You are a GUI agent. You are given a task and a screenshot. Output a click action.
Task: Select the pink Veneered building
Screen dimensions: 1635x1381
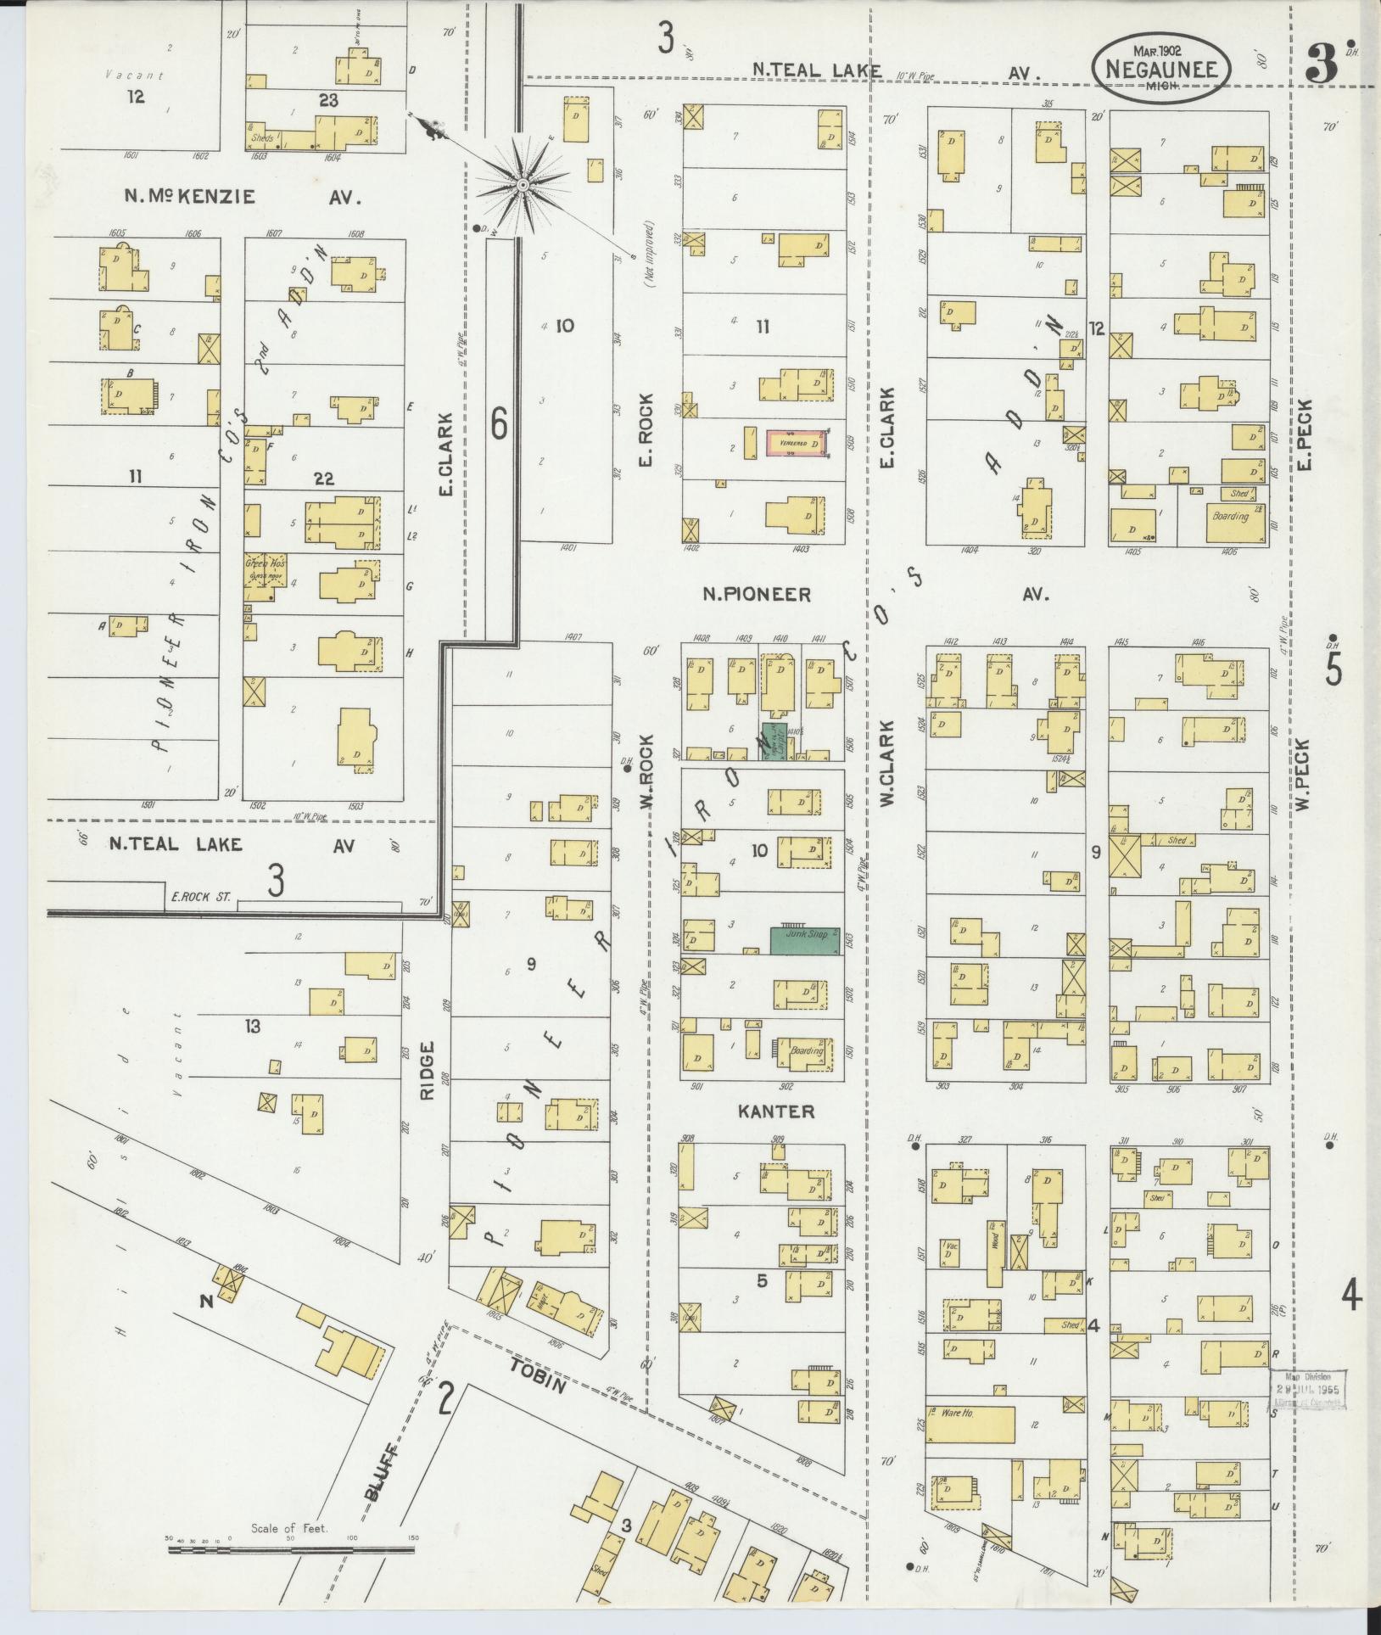coord(796,443)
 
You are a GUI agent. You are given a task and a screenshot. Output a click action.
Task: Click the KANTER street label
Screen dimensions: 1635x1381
coord(775,1111)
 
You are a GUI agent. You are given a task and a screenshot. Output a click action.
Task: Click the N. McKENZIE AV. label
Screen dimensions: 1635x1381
coord(243,197)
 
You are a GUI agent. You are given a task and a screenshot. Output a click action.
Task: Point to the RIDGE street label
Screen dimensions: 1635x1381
coord(427,1071)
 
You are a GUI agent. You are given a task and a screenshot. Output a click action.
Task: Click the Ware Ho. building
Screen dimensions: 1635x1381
coord(970,1425)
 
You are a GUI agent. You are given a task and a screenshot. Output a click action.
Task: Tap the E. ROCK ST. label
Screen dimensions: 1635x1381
coord(195,896)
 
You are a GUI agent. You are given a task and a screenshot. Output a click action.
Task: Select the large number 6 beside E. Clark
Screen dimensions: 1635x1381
coord(499,424)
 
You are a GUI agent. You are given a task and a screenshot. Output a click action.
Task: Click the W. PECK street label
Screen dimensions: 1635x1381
coord(1303,773)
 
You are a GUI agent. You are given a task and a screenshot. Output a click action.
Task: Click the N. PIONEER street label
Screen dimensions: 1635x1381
coord(755,595)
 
